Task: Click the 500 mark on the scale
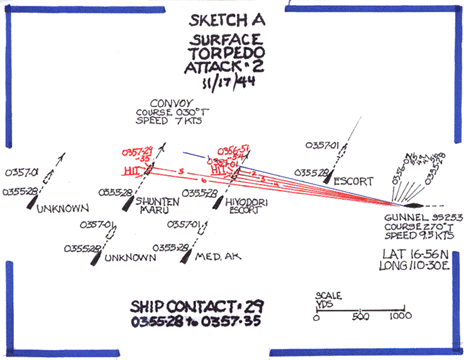(x=361, y=316)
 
